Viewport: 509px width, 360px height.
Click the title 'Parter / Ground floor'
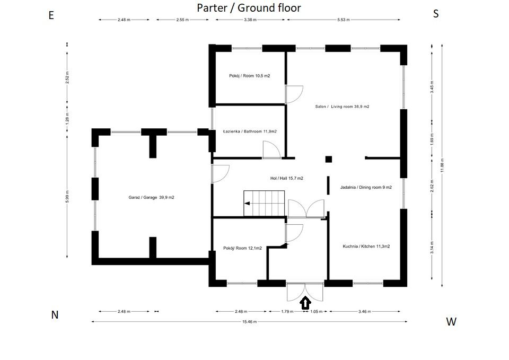(249, 7)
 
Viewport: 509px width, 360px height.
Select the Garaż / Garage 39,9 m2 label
(151, 197)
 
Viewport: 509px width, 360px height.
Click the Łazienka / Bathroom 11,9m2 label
(250, 131)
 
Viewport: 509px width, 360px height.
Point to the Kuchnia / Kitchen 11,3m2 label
(366, 246)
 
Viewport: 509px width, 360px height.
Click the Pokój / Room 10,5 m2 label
(250, 76)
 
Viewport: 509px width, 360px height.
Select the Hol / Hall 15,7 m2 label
(287, 179)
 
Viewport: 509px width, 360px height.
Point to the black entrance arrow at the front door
(305, 303)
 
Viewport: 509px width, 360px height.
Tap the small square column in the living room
(329, 159)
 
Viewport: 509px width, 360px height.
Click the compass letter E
(51, 15)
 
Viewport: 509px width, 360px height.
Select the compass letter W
(451, 321)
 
